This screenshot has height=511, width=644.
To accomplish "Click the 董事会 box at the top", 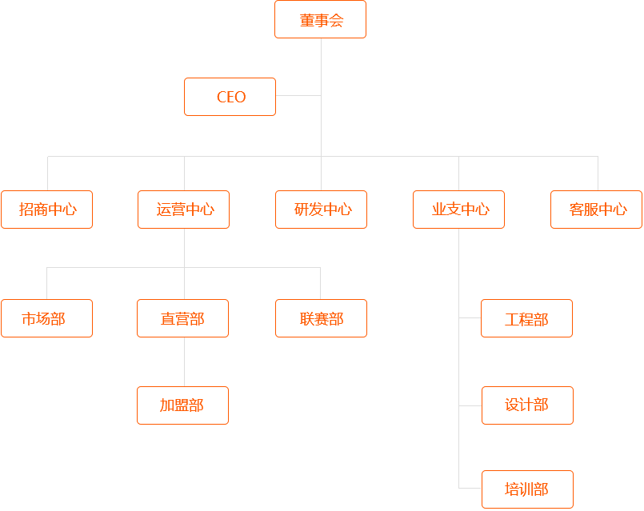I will coord(320,19).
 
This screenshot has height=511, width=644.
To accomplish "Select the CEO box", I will coord(230,97).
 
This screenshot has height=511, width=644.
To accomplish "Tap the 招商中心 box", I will coord(46,210).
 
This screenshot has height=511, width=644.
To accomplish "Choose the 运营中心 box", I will coord(183,210).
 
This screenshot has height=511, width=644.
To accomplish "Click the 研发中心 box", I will coord(321,210).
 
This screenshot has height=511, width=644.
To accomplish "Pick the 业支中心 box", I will coord(458,210).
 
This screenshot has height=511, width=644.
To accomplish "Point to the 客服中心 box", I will coord(596,210).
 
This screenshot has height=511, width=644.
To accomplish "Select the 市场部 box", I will coord(46,318).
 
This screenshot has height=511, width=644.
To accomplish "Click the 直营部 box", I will coord(182,318).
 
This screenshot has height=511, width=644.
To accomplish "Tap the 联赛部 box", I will coord(321,318).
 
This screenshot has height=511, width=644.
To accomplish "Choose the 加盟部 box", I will coord(182,405).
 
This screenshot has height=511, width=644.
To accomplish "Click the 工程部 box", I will coord(527,318).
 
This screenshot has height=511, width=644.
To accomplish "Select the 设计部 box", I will coord(527,405).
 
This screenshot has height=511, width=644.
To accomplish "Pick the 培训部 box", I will coord(527,489).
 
